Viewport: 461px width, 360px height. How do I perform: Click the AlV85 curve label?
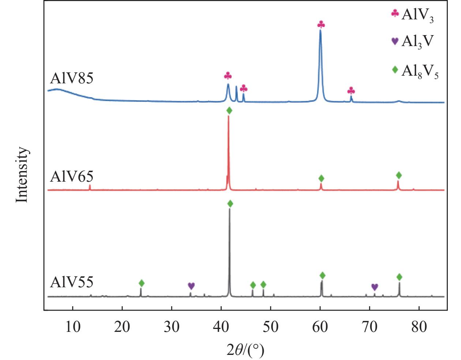[x=71, y=79]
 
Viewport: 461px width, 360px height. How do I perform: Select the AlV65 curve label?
[x=71, y=176]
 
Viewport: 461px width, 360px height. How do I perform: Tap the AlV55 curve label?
[x=71, y=282]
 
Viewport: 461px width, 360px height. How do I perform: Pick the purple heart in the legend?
[x=395, y=41]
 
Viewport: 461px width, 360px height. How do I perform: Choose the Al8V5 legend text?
[x=420, y=72]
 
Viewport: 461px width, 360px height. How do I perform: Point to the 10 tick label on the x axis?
[x=73, y=327]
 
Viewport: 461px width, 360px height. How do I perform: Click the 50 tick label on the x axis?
[x=271, y=327]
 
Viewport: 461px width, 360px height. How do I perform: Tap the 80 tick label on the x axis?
[x=419, y=327]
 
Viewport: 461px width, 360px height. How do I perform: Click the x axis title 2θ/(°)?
[x=246, y=350]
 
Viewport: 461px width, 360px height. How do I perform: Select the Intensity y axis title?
[x=22, y=175]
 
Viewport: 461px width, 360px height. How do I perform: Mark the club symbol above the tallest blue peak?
[x=321, y=24]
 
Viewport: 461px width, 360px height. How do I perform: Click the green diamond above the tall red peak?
[x=229, y=110]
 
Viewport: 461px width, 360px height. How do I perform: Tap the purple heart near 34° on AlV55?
[x=191, y=286]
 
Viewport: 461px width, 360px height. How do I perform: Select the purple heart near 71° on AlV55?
[x=375, y=287]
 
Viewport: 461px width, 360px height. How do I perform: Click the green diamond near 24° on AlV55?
[x=142, y=283]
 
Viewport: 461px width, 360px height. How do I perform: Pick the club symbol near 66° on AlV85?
[x=351, y=91]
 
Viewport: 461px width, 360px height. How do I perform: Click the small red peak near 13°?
[x=90, y=187]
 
